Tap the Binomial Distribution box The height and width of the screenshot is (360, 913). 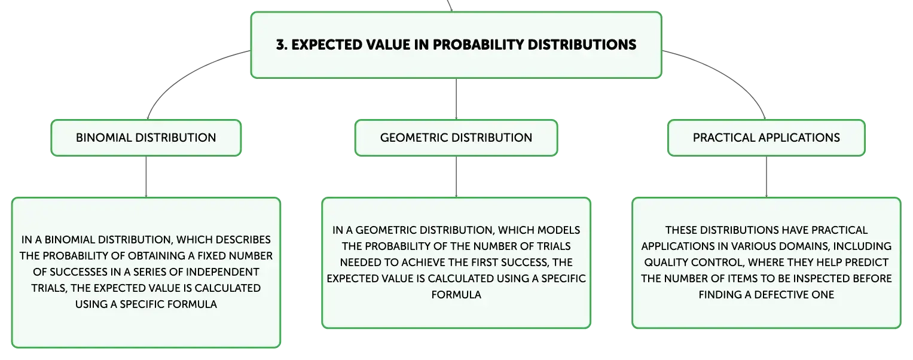click(146, 138)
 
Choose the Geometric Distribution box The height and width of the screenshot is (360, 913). click(456, 138)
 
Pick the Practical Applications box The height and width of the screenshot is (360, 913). click(767, 138)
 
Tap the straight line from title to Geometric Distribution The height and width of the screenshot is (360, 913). click(456, 99)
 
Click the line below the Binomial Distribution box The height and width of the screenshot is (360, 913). click(146, 177)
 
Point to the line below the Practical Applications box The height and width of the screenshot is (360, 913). click(767, 177)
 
